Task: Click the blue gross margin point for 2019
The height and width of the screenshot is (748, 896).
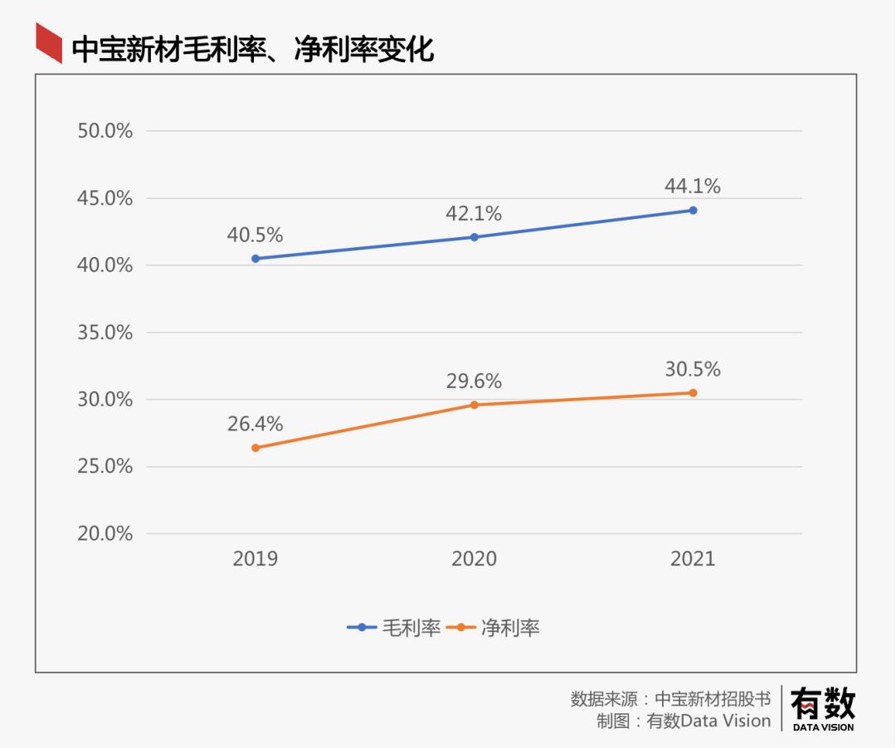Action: click(x=256, y=259)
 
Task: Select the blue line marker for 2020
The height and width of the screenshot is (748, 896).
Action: click(x=475, y=237)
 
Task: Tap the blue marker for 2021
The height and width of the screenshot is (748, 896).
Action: click(x=693, y=211)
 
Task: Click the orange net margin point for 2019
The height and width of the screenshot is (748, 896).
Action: click(x=256, y=448)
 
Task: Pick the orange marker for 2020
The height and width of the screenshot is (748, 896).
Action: click(x=475, y=405)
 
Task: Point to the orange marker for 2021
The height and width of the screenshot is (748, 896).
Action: click(x=693, y=393)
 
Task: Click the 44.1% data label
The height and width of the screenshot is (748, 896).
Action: click(x=693, y=187)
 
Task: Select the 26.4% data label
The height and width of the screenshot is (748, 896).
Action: click(x=256, y=425)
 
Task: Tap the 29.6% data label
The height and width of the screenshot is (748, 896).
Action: click(x=475, y=381)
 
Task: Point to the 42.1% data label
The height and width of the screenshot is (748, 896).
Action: click(x=475, y=214)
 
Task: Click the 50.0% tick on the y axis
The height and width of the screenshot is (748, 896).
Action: click(x=105, y=131)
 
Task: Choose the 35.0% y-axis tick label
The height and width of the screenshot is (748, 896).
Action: click(x=105, y=333)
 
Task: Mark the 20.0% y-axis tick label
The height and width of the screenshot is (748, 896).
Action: click(x=105, y=534)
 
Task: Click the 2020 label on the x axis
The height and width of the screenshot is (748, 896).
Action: click(x=475, y=559)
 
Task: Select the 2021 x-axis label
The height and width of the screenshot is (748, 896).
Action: click(x=693, y=559)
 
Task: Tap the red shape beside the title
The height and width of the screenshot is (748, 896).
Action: click(x=49, y=43)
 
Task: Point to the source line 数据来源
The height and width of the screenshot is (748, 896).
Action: click(x=670, y=698)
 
